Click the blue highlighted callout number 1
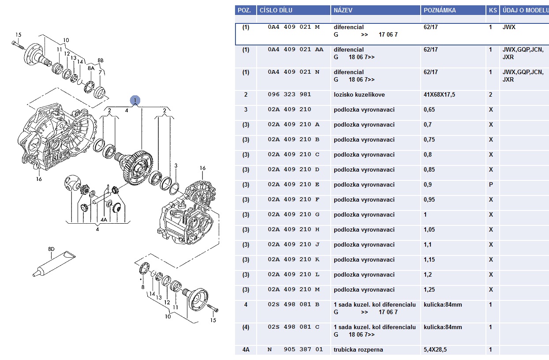pyautogui.click(x=135, y=101)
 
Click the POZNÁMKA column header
pyautogui.click(x=439, y=10)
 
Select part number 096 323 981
pyautogui.click(x=289, y=94)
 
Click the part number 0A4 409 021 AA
pyautogui.click(x=295, y=49)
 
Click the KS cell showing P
pyautogui.click(x=491, y=184)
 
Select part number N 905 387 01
pyautogui.click(x=295, y=349)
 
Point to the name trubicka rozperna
pyautogui.click(x=358, y=349)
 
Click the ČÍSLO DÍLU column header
pyautogui.click(x=276, y=10)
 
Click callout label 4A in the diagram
pyautogui.click(x=104, y=219)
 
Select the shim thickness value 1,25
pyautogui.click(x=429, y=289)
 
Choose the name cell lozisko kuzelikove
pyautogui.click(x=359, y=94)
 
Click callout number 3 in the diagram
pyautogui.click(x=176, y=166)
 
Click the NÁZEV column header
pyautogui.click(x=343, y=10)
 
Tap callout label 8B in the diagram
pyautogui.click(x=100, y=60)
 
